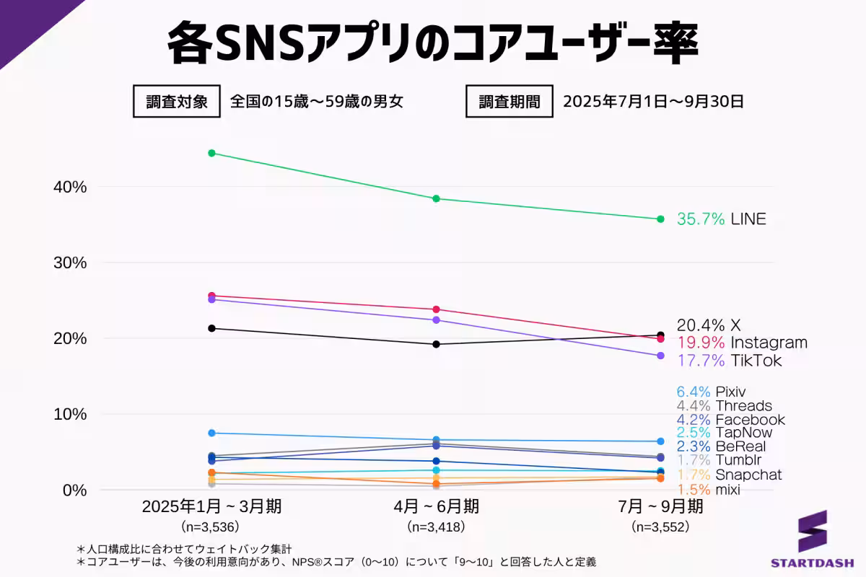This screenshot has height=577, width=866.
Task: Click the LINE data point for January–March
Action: pos(211,153)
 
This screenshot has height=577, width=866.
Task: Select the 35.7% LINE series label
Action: pos(721,219)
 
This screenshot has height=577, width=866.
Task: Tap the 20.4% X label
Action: pos(709,325)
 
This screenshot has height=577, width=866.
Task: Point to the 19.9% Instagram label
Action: pos(741,343)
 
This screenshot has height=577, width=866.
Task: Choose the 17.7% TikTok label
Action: pos(728,361)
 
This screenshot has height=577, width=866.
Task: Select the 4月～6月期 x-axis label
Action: pos(436,507)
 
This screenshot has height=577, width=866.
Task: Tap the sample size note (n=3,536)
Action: pos(211,527)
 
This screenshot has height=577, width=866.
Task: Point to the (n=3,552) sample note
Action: pos(660,527)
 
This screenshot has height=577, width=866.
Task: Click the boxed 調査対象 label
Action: pos(176,102)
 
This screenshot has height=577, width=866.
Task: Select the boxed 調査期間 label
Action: pos(509,102)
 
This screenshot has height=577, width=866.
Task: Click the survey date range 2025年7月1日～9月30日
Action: pos(653,102)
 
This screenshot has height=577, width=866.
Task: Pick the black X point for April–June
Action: pos(436,344)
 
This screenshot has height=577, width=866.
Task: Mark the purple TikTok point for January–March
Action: pos(211,299)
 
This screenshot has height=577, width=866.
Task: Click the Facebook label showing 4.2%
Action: pos(730,420)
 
